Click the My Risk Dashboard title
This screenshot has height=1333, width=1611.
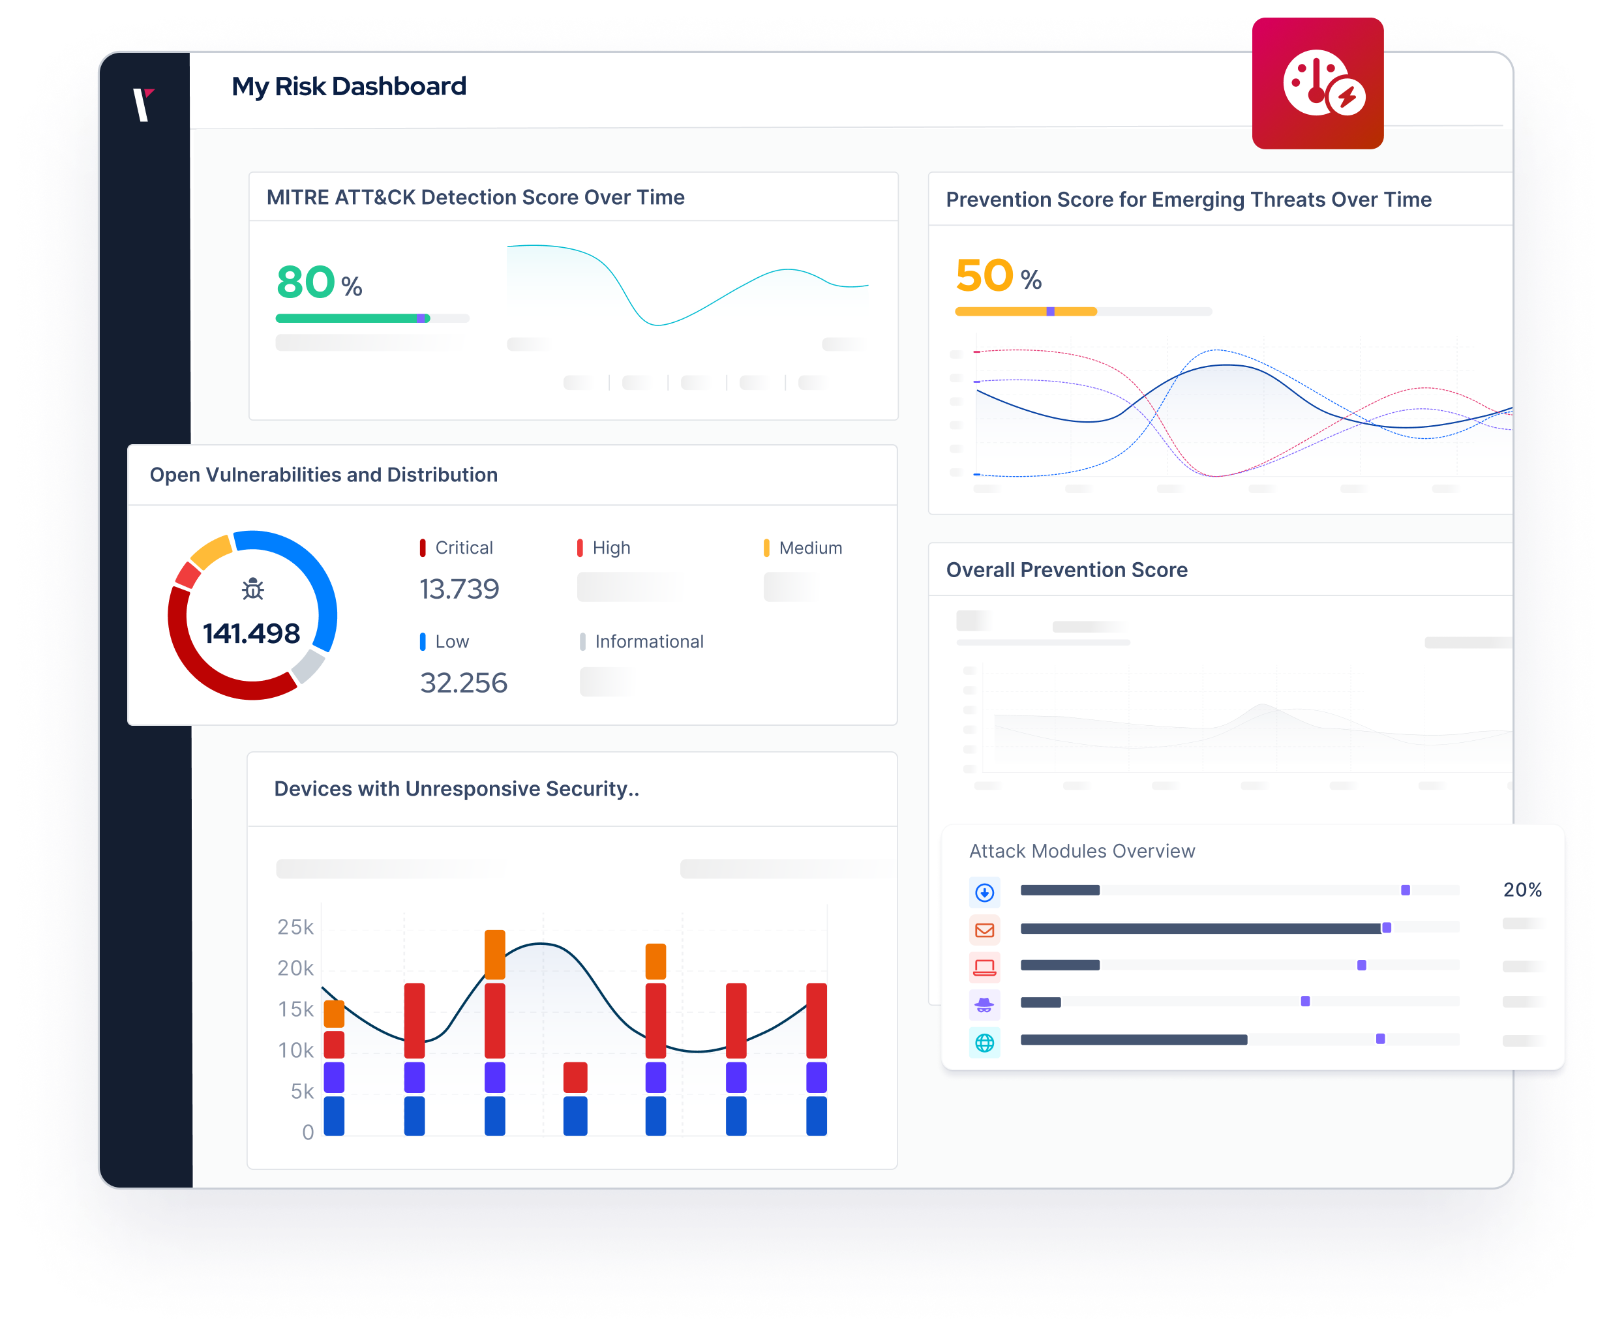(x=348, y=87)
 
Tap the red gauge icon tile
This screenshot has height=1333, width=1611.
(x=1317, y=83)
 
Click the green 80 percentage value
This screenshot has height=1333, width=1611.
(x=306, y=282)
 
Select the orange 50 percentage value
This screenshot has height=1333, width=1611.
(x=984, y=276)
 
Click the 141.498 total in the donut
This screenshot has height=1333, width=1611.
(x=252, y=633)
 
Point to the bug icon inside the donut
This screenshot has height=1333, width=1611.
(x=252, y=589)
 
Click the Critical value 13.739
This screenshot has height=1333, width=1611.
(x=459, y=589)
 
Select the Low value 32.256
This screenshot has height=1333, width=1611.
(x=463, y=683)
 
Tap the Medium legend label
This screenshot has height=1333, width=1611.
(x=810, y=548)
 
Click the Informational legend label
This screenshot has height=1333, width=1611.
(x=649, y=641)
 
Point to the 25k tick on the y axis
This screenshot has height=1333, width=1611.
(x=295, y=927)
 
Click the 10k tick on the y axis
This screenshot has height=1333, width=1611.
(x=295, y=1050)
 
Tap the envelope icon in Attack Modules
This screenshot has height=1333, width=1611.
(x=984, y=931)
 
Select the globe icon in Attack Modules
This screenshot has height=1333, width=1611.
(x=984, y=1043)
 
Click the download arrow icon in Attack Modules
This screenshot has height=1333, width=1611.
(x=984, y=892)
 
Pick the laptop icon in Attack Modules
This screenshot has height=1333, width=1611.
(x=984, y=967)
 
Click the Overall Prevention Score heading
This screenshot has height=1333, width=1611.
(x=1066, y=570)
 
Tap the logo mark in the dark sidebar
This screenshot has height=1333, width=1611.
(x=143, y=104)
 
